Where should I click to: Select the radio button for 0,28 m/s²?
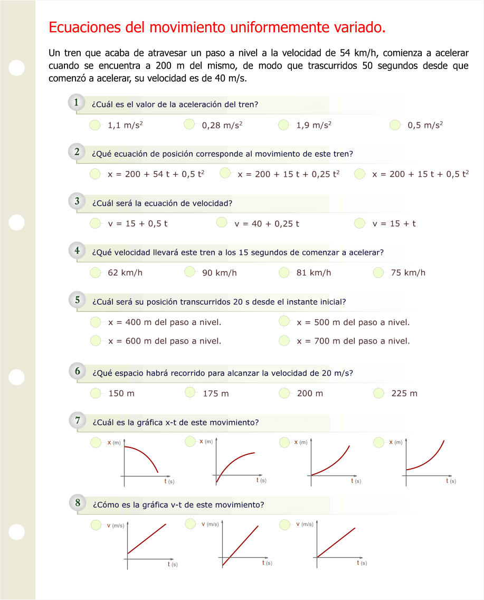point(190,125)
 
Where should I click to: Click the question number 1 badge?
point(77,103)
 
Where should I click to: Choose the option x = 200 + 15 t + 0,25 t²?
point(225,173)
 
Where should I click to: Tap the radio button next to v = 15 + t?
point(360,223)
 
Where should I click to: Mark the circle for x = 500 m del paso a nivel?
point(284,321)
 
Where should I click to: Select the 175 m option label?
point(216,394)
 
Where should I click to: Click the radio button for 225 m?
point(379,393)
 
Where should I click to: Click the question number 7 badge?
point(77,421)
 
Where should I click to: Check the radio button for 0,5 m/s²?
point(395,125)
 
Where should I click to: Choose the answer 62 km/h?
point(125,273)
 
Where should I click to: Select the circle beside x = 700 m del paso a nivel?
point(284,340)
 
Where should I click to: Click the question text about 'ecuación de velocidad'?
point(162,203)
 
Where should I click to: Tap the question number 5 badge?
point(77,300)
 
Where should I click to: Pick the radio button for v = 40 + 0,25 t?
point(222,223)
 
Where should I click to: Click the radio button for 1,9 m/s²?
point(284,125)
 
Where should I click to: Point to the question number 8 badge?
point(77,503)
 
